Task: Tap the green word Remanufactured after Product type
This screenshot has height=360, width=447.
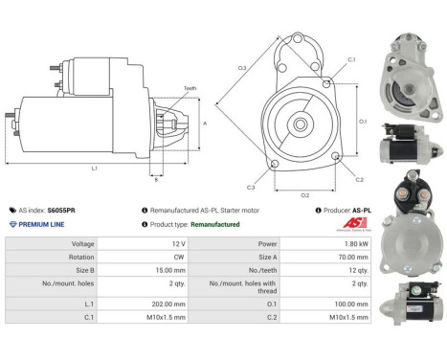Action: (x=216, y=223)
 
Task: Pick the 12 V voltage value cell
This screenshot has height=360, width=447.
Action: (x=150, y=244)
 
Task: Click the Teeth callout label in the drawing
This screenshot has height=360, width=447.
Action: (x=190, y=89)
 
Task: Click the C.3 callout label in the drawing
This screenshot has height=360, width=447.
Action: (x=250, y=188)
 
